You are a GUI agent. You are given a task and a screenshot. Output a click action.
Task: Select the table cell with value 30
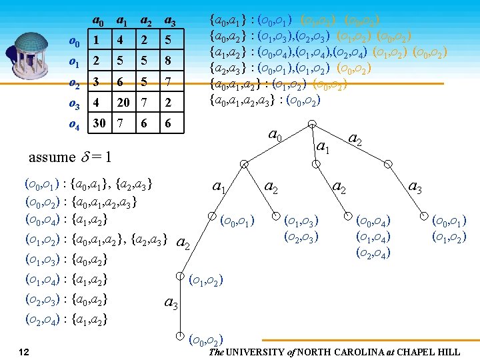click(99, 123)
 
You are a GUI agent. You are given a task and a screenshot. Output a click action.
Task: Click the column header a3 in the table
click(170, 21)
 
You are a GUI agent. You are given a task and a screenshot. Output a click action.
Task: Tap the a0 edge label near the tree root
click(273, 134)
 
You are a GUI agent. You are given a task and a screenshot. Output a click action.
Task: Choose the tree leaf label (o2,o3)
click(301, 236)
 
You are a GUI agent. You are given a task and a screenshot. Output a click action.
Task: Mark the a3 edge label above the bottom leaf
click(171, 304)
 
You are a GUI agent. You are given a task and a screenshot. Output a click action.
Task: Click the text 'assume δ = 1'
click(69, 157)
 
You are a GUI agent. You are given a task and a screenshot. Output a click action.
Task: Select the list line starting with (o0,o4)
click(66, 219)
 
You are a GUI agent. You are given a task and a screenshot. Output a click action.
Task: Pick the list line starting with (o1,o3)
click(66, 259)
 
